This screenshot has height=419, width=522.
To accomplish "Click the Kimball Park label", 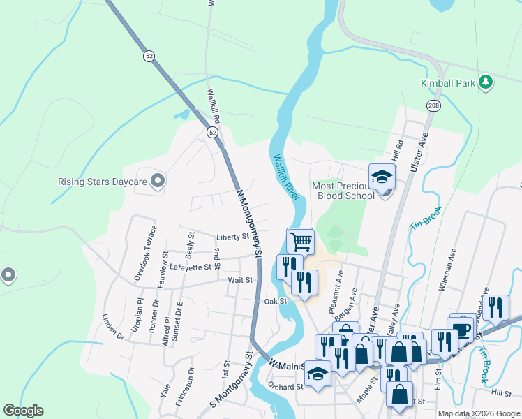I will [447, 83].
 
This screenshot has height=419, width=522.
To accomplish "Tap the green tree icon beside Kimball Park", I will [486, 83].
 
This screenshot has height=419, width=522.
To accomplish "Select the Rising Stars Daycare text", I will [102, 182].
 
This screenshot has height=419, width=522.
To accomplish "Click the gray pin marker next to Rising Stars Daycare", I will [158, 182].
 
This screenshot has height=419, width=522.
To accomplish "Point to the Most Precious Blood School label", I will [345, 191].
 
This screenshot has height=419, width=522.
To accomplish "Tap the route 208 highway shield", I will [433, 105].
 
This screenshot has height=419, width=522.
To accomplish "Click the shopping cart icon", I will [301, 242].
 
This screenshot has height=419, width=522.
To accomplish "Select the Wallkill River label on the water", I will [287, 177].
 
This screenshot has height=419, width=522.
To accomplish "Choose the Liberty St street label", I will [232, 237].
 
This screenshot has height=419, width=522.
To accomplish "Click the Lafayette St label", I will [190, 267].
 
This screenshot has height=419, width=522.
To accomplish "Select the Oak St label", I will [276, 301].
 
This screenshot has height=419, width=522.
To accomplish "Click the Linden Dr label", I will [112, 326].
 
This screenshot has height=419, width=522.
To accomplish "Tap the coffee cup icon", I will [461, 329].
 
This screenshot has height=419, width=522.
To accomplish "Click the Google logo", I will [24, 411].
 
